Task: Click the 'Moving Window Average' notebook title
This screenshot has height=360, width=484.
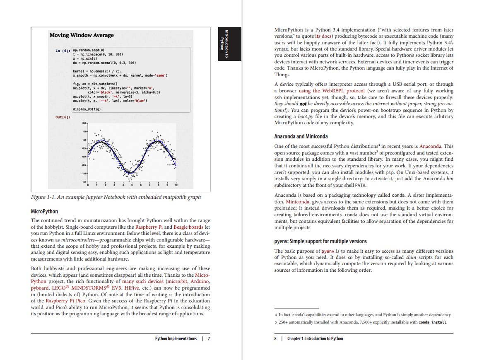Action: click(x=81, y=35)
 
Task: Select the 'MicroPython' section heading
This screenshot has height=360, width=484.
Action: click(x=45, y=211)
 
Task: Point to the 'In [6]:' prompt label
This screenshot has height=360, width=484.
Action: click(x=63, y=51)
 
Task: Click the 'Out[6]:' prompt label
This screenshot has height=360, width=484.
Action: click(x=63, y=117)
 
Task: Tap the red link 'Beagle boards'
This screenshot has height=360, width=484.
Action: click(x=188, y=227)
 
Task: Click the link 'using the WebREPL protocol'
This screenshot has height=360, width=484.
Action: click(x=332, y=91)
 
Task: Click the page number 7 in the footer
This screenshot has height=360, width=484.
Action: click(x=209, y=338)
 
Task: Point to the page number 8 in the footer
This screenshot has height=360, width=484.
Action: click(x=275, y=338)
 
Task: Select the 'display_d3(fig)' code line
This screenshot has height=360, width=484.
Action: click(x=87, y=109)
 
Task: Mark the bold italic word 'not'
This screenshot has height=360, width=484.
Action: click(x=303, y=104)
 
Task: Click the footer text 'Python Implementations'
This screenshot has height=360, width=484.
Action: click(x=176, y=338)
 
